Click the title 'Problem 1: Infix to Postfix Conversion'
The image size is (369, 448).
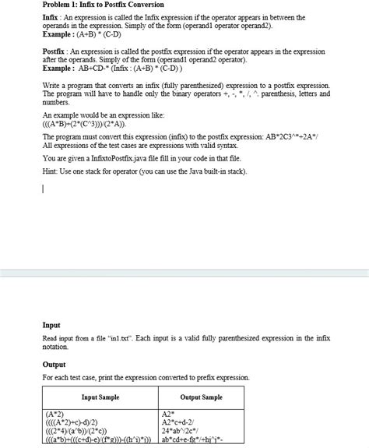pyautogui.click(x=103, y=5)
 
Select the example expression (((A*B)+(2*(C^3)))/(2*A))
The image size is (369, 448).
pyautogui.click(x=85, y=124)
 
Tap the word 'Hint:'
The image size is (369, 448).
pyautogui.click(x=51, y=171)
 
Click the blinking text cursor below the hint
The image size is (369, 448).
pyautogui.click(x=44, y=189)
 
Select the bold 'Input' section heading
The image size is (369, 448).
pyautogui.click(x=51, y=325)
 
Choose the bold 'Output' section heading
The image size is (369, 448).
pyautogui.click(x=54, y=364)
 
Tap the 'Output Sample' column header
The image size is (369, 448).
pyautogui.click(x=201, y=397)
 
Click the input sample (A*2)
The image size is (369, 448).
pyautogui.click(x=56, y=414)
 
